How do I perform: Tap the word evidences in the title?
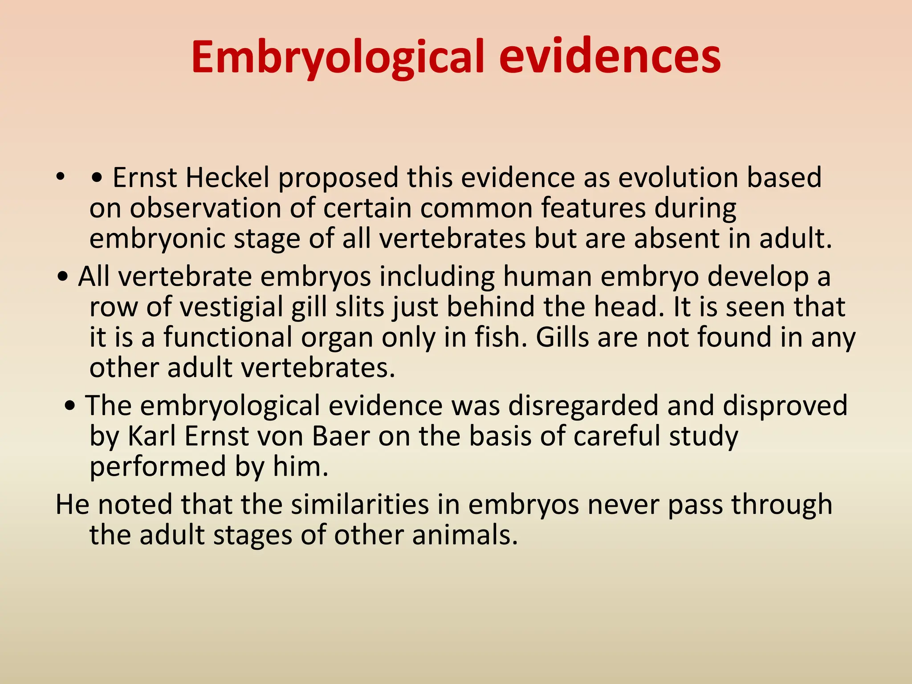[x=610, y=57]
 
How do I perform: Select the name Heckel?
[x=228, y=178]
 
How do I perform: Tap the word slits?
[x=360, y=307]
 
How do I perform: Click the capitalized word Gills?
[x=562, y=337]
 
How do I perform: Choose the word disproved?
[x=785, y=406]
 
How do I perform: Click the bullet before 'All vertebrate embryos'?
[x=63, y=277]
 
